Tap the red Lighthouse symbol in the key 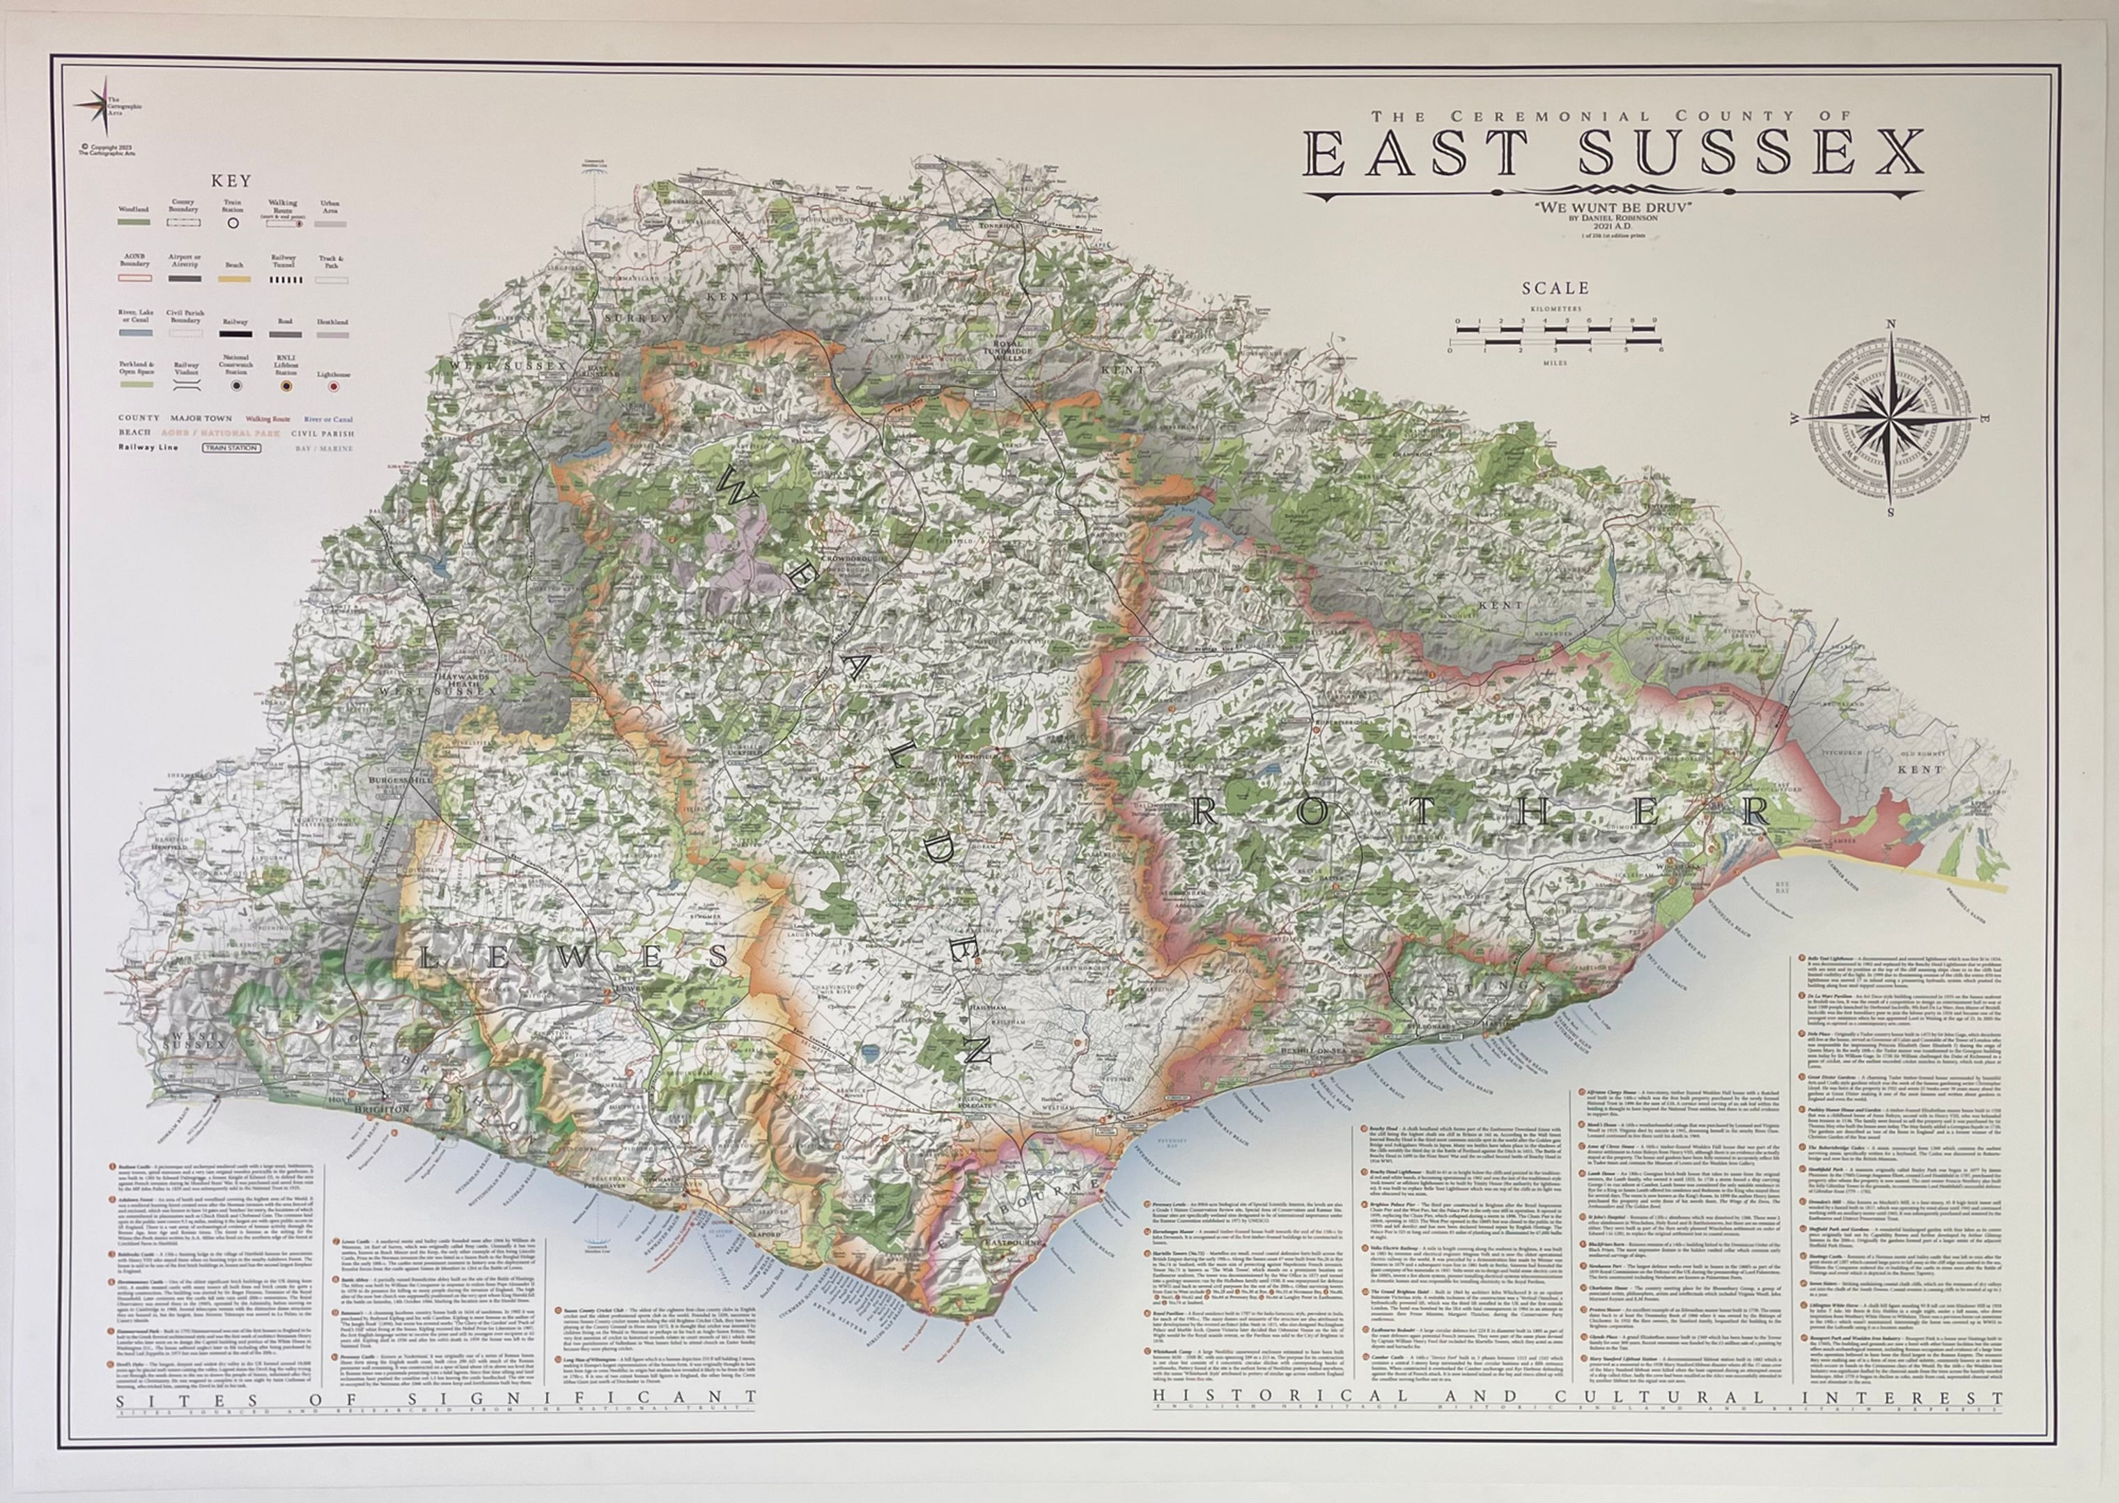334,386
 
